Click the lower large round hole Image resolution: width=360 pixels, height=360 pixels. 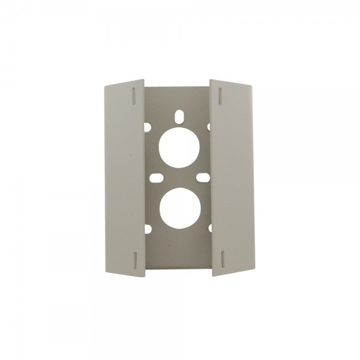click(179, 208)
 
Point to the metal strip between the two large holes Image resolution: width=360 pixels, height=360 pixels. click(179, 177)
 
